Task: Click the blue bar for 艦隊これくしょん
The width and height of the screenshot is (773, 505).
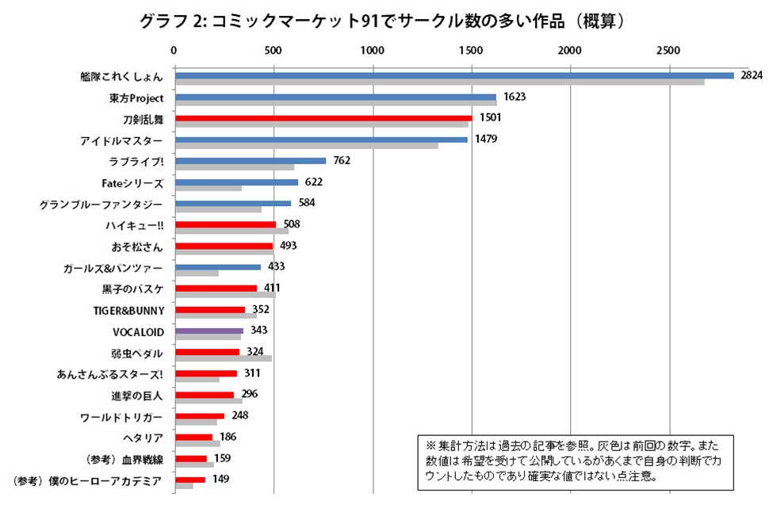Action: (453, 75)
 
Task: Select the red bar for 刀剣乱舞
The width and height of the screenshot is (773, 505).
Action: (323, 118)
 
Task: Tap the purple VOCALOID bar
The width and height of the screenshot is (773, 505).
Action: (209, 331)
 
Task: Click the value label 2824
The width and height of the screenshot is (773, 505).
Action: (751, 75)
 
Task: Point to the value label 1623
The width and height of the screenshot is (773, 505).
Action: (514, 97)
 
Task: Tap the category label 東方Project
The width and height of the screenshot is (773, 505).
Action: (136, 98)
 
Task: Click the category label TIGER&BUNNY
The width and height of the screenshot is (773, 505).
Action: (128, 310)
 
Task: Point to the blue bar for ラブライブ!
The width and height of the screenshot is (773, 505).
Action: (250, 161)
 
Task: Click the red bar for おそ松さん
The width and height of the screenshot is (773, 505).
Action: (224, 246)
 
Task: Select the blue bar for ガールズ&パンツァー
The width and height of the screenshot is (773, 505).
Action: (217, 267)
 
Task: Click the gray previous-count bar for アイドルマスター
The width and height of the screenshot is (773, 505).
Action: (306, 146)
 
